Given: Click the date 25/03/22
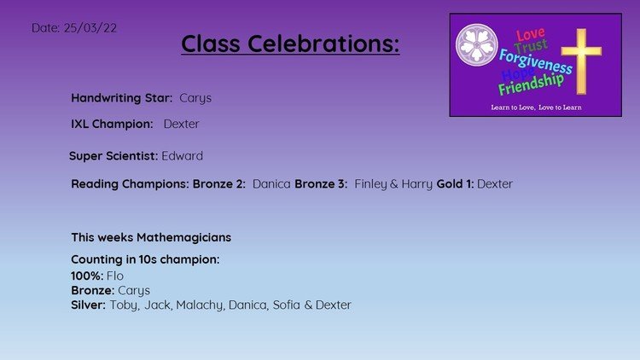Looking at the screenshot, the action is (x=90, y=28).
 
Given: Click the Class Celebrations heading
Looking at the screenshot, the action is (x=290, y=44).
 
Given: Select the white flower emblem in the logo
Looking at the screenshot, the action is (x=476, y=45).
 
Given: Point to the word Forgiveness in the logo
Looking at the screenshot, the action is (x=536, y=61).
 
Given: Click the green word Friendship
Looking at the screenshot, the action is (x=531, y=84).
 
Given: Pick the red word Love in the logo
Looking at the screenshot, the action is (x=530, y=34).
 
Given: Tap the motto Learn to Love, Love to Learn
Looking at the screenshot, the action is (x=536, y=107).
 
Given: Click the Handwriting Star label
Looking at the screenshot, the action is (x=122, y=98).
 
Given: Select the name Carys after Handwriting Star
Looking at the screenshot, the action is (x=195, y=98).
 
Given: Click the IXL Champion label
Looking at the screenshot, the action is (x=112, y=124).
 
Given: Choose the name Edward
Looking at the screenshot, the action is (x=182, y=156).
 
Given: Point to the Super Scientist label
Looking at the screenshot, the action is (x=113, y=156).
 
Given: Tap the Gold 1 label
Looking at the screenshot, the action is (x=455, y=184).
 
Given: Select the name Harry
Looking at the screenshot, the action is (x=416, y=184).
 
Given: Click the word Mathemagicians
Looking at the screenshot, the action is (x=183, y=237).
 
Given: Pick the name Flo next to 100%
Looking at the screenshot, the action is (x=115, y=276).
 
